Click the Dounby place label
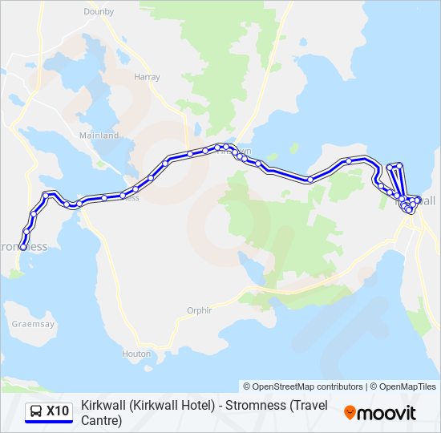coord(99,12)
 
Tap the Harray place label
coord(148,78)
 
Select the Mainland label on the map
coord(99,136)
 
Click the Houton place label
coord(136,354)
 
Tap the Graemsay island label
coord(33,325)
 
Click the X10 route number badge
coord(58,411)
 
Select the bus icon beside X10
coord(36,412)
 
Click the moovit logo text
coord(388,413)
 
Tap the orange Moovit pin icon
coord(350,413)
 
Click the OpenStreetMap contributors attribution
coord(303,386)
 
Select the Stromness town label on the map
coord(24,247)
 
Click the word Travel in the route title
coord(307,406)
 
